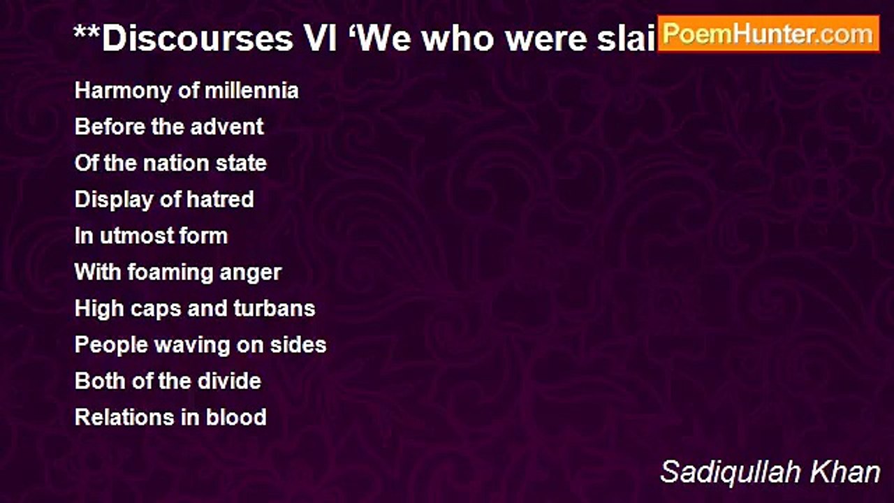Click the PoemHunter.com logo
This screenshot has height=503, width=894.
click(768, 34)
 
